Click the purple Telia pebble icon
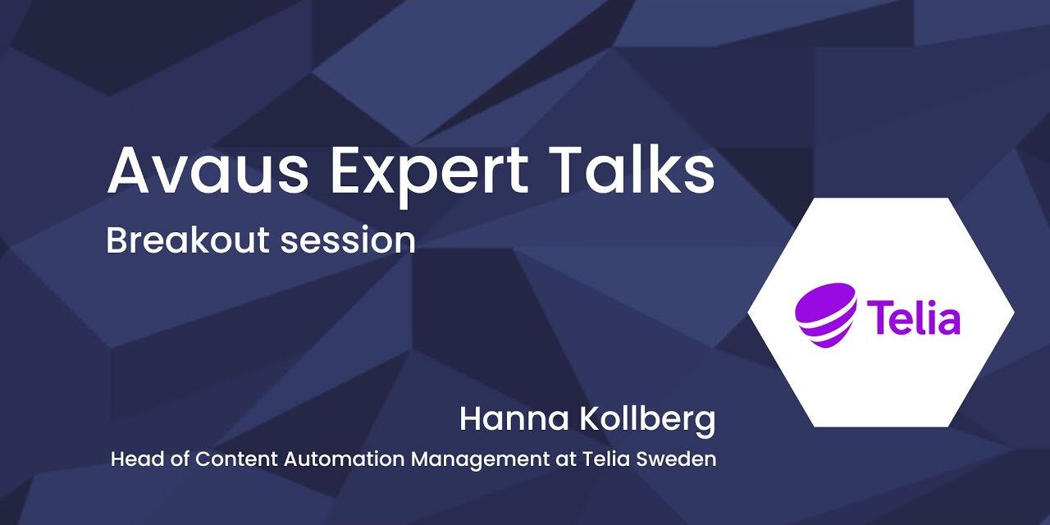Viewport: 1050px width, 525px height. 825,311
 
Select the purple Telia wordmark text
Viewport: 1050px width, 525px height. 913,317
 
